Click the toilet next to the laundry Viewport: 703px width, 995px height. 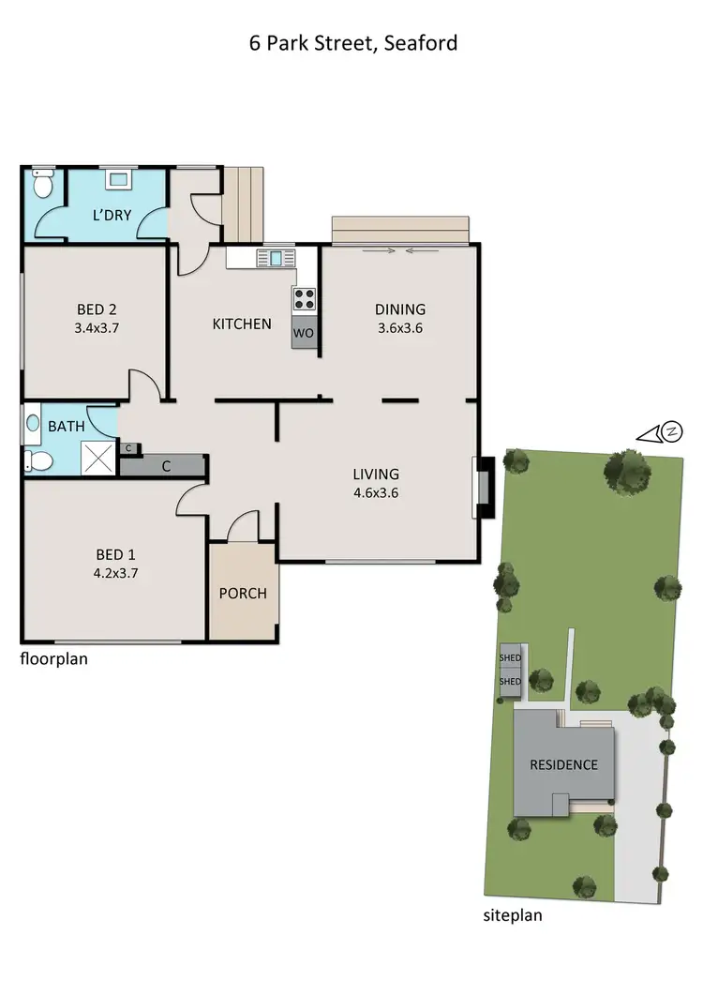coord(42,185)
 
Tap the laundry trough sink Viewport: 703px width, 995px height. coord(117,178)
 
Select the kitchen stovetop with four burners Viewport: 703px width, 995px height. coord(305,299)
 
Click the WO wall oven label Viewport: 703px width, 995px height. coord(304,333)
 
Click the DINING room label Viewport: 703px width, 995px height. coord(400,309)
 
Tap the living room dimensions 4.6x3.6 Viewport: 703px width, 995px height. coord(376,492)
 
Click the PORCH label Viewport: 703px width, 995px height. coord(243,594)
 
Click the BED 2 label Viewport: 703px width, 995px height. coord(94,309)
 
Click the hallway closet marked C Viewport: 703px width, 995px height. coord(166,464)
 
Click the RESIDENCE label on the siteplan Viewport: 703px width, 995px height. coord(563,764)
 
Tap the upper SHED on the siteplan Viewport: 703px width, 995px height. coord(511,658)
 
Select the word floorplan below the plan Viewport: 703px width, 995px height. coord(54,658)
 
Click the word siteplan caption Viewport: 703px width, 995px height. coord(514,916)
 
